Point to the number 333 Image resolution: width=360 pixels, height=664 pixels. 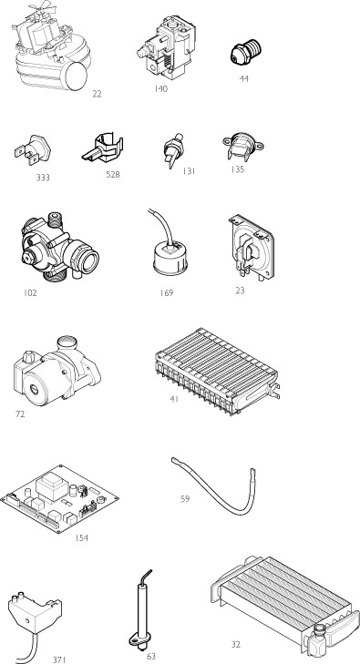[x=42, y=178]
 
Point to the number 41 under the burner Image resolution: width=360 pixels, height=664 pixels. [x=173, y=399]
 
